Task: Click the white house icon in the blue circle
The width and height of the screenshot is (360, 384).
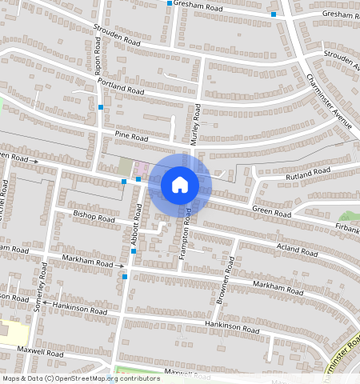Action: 180,185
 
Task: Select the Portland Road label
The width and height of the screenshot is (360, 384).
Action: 120,86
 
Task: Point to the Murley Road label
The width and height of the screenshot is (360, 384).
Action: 196,123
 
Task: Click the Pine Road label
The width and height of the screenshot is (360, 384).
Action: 132,138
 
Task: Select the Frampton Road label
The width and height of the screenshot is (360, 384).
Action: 187,232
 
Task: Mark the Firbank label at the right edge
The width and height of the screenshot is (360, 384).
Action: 347,230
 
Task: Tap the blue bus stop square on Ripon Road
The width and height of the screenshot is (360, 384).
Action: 101,106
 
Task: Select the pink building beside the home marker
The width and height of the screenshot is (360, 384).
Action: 141,169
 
